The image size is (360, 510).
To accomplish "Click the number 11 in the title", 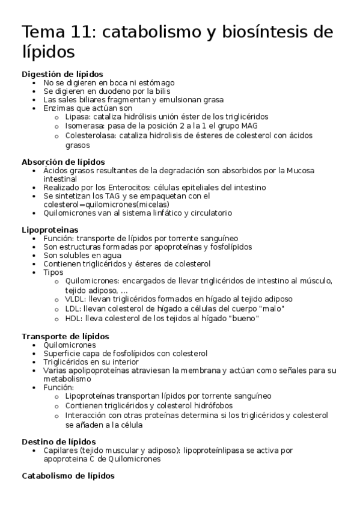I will pyautogui.click(x=82, y=32).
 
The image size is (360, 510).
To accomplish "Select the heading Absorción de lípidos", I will pyautogui.click(x=63, y=162).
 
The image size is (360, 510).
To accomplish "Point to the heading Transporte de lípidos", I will pyautogui.click(x=65, y=336).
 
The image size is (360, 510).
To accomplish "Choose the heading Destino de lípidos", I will pyautogui.click(x=58, y=441).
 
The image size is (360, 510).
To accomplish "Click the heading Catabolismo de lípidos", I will pyautogui.click(x=68, y=476).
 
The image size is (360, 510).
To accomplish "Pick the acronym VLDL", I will pyautogui.click(x=75, y=298).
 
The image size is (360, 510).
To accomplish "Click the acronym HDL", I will pyautogui.click(x=73, y=318).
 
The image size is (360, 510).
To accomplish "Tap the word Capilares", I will pyautogui.click(x=61, y=450).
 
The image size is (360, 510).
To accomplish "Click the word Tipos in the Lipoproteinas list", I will pyautogui.click(x=53, y=272).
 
